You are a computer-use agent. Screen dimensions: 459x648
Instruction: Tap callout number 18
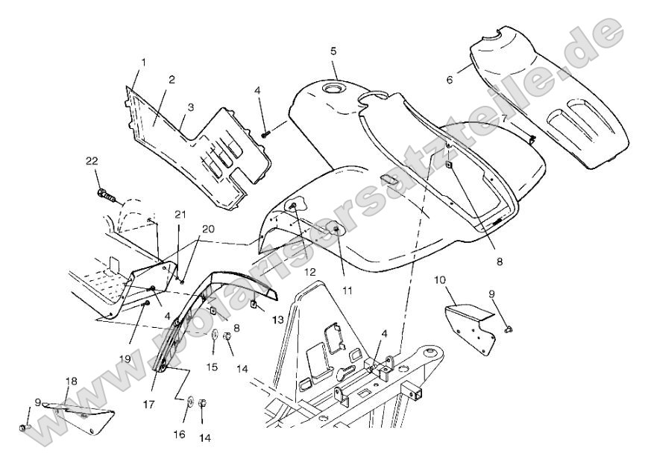[x=71, y=382]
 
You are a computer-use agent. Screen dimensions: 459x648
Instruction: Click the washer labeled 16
[x=190, y=404]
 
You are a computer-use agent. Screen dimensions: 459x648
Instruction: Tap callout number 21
[x=179, y=215]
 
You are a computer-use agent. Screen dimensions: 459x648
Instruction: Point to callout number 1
[x=143, y=61]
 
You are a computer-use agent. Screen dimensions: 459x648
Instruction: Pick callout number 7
[x=504, y=118]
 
